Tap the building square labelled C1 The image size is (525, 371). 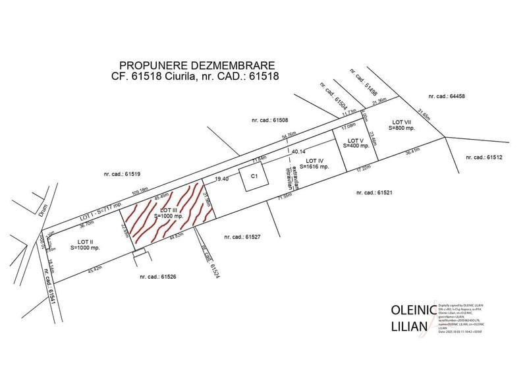coord(254,178)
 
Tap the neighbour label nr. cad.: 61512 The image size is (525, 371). coord(484,157)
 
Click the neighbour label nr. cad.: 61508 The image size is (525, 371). coord(270,121)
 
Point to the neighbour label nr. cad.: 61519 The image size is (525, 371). coord(122,174)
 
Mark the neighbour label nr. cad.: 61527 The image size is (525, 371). coord(242,237)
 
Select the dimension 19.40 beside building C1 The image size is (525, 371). coord(222,179)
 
